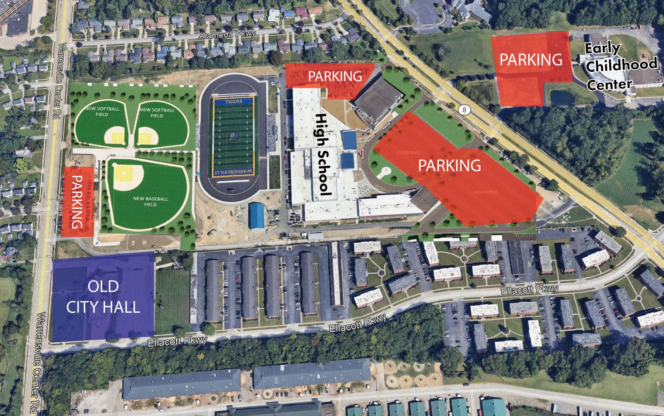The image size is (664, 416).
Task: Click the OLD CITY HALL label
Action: coord(103,297)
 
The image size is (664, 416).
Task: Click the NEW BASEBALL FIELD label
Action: coord(151,201)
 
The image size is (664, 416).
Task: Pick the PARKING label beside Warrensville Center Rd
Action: coord(77,202)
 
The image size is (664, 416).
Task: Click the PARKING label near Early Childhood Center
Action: coord(531,59)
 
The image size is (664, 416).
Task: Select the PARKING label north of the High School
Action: coord(335,76)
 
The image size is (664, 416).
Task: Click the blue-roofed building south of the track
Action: coord(257,216)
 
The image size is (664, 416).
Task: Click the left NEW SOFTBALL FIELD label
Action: coord(102,111)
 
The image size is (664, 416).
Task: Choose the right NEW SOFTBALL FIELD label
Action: coord(157,112)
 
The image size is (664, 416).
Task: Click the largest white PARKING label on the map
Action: coord(449,166)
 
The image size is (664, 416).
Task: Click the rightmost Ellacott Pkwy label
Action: coord(530,290)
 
